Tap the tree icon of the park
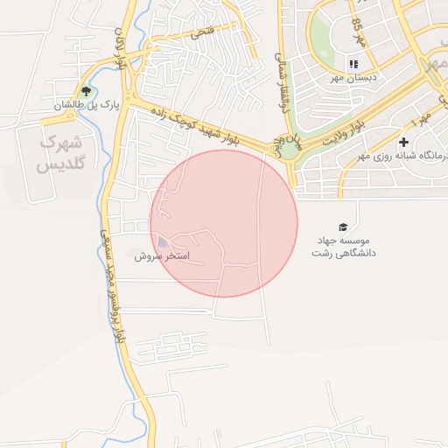click(85, 90)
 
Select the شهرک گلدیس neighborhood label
click(60, 151)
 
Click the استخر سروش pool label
click(162, 257)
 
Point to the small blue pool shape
click(163, 243)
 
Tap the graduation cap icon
click(342, 226)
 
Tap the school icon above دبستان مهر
click(353, 64)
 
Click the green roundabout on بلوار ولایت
click(290, 150)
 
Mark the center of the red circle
click(224, 223)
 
